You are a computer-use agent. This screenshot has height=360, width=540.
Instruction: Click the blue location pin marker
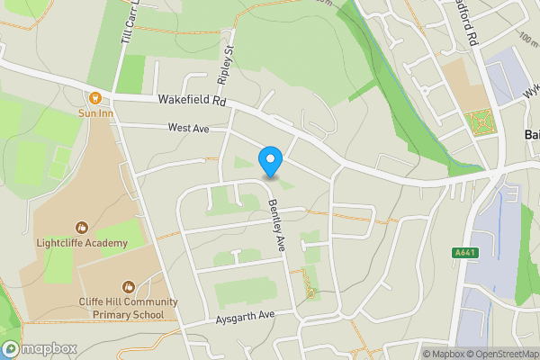pos(271,161)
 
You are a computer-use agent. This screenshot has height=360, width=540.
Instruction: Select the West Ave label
pos(188,129)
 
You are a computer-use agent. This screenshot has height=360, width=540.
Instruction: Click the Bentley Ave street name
pos(275,224)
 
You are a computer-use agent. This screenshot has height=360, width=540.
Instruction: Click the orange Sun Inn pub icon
pos(94,97)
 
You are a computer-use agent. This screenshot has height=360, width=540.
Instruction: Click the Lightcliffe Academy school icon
pos(82,228)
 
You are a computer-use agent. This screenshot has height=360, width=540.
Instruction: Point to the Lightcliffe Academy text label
pos(81,242)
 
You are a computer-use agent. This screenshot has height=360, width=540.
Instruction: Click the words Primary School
pos(128,315)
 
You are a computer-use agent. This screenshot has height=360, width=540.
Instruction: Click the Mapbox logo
pos(40,348)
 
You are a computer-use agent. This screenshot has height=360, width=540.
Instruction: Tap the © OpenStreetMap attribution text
pos(499,354)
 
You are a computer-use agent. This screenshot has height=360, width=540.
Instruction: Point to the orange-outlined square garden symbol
pos(481,121)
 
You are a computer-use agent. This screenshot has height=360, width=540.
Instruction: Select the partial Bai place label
pos(531,134)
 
